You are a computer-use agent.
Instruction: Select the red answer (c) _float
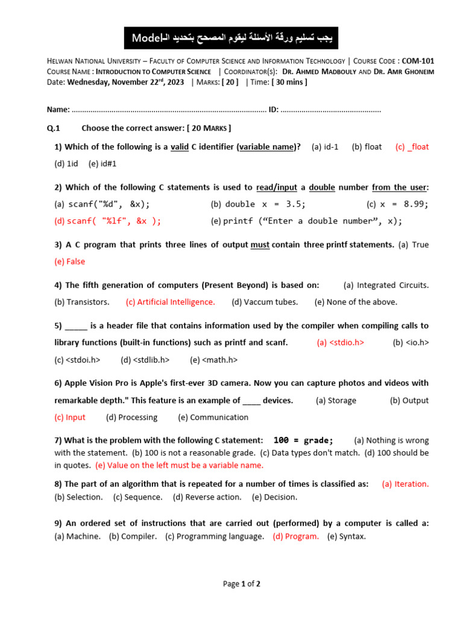pyautogui.click(x=412, y=147)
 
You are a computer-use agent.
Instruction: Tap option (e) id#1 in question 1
pyautogui.click(x=102, y=163)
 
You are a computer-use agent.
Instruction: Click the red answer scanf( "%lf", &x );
pyautogui.click(x=108, y=221)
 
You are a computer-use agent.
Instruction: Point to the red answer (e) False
pyautogui.click(x=69, y=262)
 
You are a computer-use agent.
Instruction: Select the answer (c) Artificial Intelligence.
pyautogui.click(x=170, y=302)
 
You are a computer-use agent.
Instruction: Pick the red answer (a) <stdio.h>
pyautogui.click(x=341, y=343)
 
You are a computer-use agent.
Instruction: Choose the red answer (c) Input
pyautogui.click(x=70, y=417)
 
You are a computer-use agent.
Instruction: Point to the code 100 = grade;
pyautogui.click(x=303, y=440)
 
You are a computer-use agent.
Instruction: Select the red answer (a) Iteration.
pyautogui.click(x=405, y=484)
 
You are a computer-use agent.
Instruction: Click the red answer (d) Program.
pyautogui.click(x=295, y=536)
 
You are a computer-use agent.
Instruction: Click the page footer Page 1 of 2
pyautogui.click(x=242, y=584)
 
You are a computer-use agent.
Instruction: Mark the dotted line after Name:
pyautogui.click(x=169, y=110)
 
